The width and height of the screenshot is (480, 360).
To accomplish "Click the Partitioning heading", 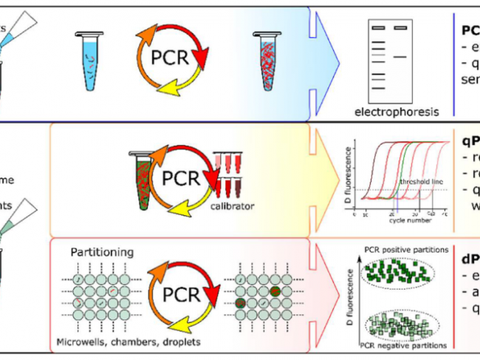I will [x=102, y=252].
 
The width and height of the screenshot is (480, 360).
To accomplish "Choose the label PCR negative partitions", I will [x=403, y=345].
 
